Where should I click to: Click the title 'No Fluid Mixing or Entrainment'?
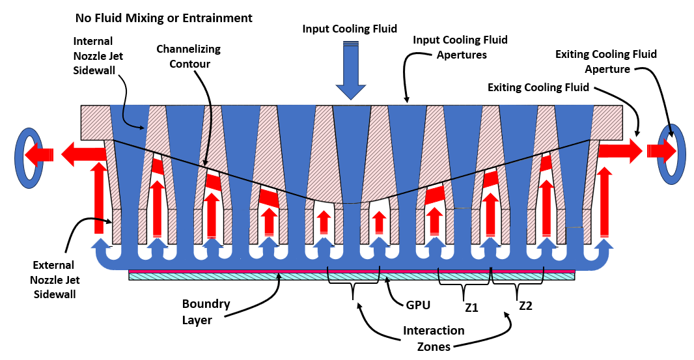tap(163, 18)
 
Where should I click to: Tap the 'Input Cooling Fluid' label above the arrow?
tap(350, 29)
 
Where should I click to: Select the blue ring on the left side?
tap(28, 158)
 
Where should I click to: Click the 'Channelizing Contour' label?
tap(189, 57)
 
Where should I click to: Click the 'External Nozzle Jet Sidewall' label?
tap(53, 279)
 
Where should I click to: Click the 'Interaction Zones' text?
tap(434, 338)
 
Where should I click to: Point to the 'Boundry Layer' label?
tap(206, 311)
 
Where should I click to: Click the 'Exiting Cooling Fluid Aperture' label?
tap(605, 61)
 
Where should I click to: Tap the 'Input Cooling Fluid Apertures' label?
tap(460, 48)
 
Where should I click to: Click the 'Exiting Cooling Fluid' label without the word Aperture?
tap(538, 87)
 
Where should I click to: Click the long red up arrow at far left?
tap(98, 195)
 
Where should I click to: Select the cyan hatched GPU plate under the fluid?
tap(352, 277)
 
